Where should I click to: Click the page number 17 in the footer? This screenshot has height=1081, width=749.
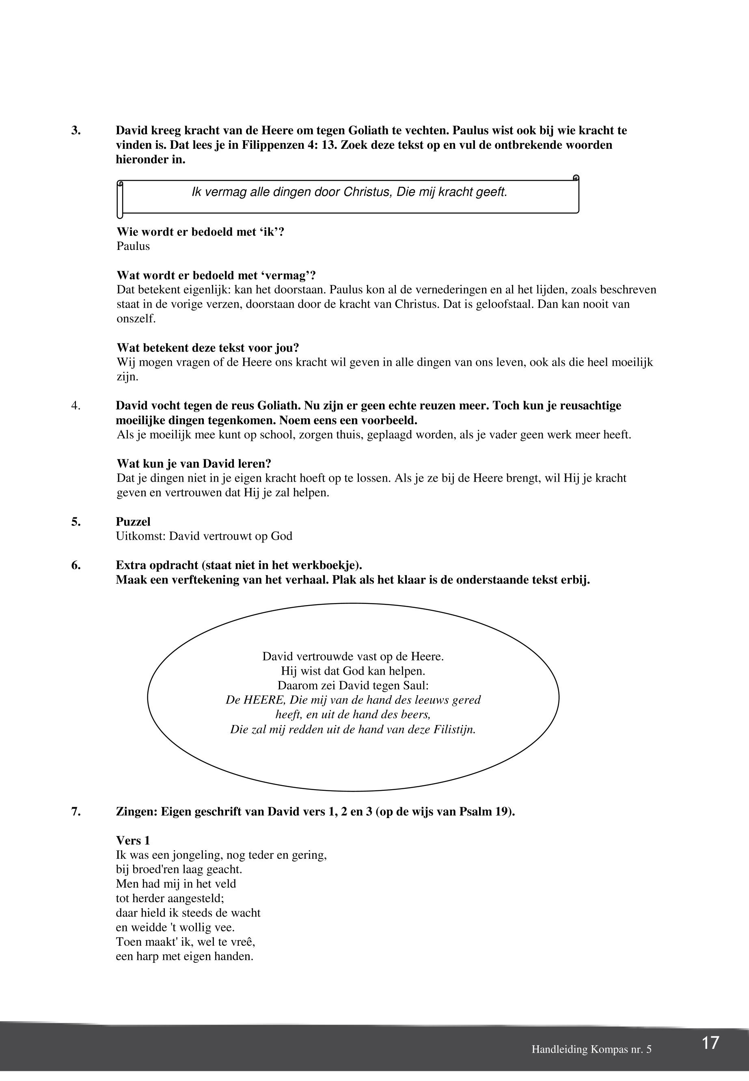pos(710,1042)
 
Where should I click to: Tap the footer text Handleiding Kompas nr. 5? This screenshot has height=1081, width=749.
pos(591,1049)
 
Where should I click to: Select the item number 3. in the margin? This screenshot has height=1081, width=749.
pos(76,130)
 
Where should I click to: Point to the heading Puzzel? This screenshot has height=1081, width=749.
pos(133,521)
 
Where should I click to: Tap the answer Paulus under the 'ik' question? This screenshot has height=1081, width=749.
pos(133,246)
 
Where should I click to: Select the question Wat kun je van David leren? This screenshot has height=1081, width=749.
pos(194,464)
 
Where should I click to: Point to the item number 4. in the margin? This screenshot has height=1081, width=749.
pos(76,406)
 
